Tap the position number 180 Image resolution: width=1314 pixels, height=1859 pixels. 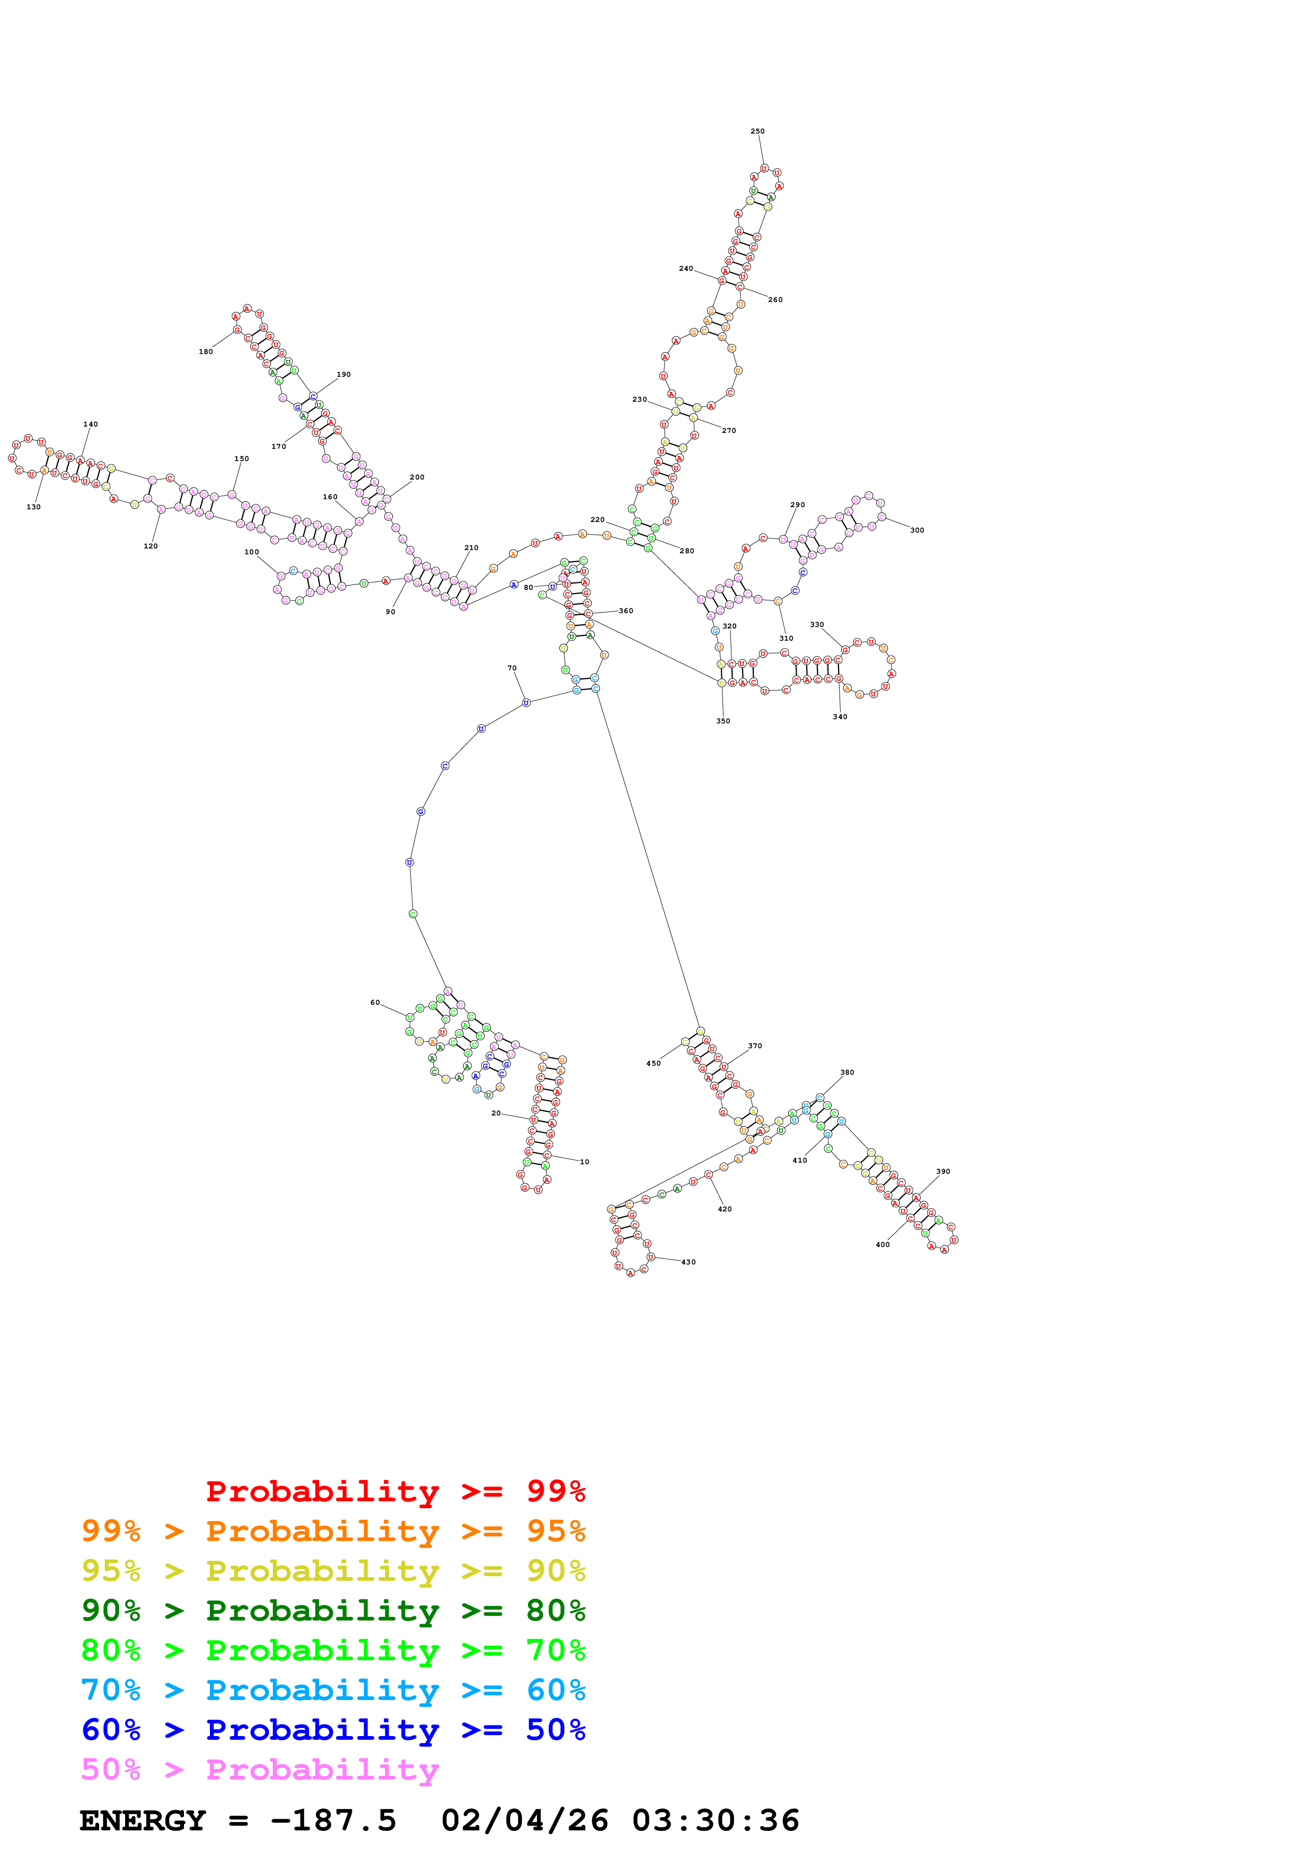tap(206, 351)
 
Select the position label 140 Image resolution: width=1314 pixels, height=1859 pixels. tap(91, 424)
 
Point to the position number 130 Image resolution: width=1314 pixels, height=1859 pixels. tap(33, 507)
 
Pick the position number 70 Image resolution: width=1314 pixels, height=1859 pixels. tap(512, 668)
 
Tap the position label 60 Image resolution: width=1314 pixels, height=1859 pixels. tap(375, 1003)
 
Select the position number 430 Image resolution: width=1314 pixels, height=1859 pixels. tap(688, 1261)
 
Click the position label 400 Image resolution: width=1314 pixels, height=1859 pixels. tap(883, 1244)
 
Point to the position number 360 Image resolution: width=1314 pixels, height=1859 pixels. tap(626, 610)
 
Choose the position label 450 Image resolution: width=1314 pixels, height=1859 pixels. tap(654, 1063)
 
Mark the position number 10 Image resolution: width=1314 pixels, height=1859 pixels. tap(585, 1162)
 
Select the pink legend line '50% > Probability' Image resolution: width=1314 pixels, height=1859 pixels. tap(260, 1770)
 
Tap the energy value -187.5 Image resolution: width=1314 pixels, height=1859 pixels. tap(333, 1821)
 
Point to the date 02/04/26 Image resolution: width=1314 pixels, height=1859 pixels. tap(525, 1821)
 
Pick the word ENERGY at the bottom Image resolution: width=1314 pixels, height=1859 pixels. tap(143, 1821)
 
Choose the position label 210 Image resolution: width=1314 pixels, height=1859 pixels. tap(471, 547)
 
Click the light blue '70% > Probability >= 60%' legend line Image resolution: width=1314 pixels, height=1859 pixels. tap(333, 1690)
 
